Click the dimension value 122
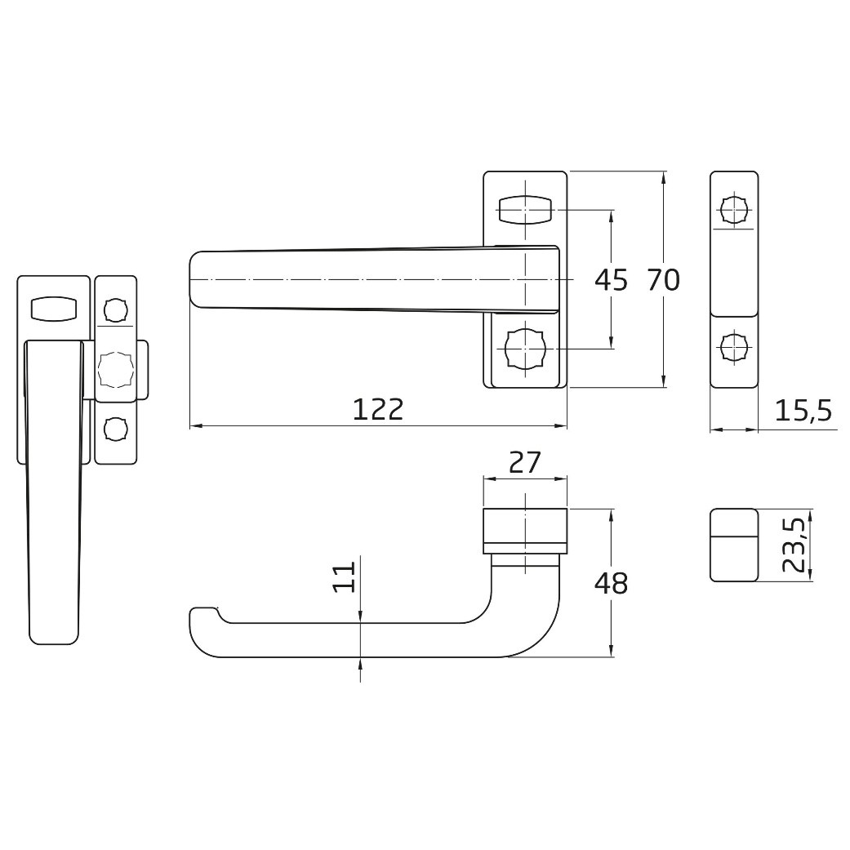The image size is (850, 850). pyautogui.click(x=378, y=409)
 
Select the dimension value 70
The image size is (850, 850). pyautogui.click(x=664, y=280)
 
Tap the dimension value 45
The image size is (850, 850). pyautogui.click(x=611, y=280)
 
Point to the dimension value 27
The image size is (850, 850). pyautogui.click(x=525, y=462)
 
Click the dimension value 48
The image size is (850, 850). pyautogui.click(x=611, y=584)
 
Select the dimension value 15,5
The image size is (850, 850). pyautogui.click(x=803, y=411)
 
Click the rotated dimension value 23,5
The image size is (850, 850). pyautogui.click(x=793, y=545)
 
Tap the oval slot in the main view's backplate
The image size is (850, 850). pyautogui.click(x=525, y=210)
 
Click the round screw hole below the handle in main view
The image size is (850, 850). pyautogui.click(x=525, y=349)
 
